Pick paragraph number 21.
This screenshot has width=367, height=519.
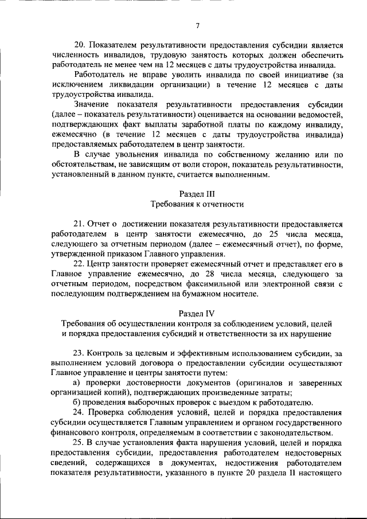pos(80,224)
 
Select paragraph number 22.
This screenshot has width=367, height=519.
pos(80,264)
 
